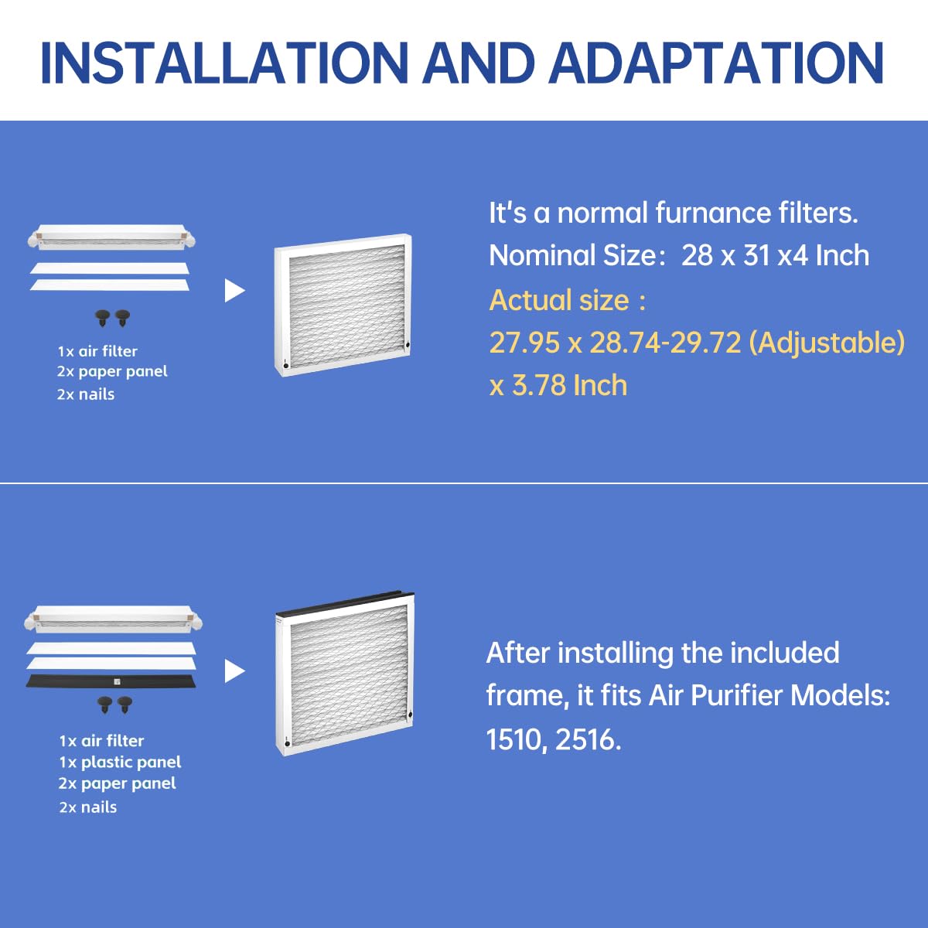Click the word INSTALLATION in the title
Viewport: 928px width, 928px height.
(x=224, y=62)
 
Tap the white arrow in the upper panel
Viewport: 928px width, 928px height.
(x=234, y=291)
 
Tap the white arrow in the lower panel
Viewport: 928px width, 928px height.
(x=234, y=671)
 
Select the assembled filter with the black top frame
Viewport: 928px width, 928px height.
(x=345, y=673)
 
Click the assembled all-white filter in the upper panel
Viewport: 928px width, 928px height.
(x=343, y=305)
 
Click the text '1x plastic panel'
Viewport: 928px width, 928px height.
(x=120, y=763)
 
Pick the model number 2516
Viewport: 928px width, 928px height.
(x=588, y=740)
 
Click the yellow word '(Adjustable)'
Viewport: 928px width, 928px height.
(x=827, y=343)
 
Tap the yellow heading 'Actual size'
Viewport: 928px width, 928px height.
(x=559, y=300)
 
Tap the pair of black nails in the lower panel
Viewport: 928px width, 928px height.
(x=114, y=705)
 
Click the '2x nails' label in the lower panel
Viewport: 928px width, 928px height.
(x=88, y=807)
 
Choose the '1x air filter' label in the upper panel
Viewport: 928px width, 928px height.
(x=97, y=351)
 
